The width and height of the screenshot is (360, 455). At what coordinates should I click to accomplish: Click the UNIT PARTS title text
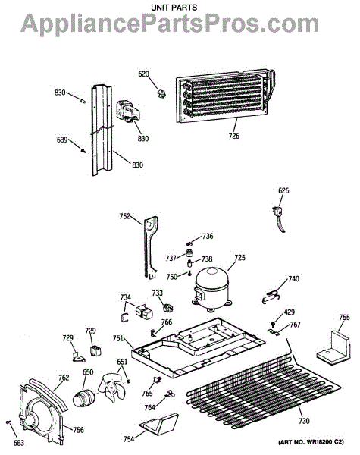(174, 8)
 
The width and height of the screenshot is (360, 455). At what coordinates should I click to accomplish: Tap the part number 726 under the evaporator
(234, 136)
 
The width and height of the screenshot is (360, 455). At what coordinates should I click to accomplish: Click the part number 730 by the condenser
(304, 420)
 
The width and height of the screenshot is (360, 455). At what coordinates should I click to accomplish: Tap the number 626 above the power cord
(283, 190)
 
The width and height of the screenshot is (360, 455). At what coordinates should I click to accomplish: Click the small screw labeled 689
(83, 151)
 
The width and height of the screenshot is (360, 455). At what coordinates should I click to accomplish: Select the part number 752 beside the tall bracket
(125, 216)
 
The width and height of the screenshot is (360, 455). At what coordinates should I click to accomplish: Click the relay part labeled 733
(168, 308)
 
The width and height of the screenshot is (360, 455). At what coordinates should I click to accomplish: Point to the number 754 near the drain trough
(129, 439)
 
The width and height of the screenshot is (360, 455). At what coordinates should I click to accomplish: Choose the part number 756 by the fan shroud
(78, 430)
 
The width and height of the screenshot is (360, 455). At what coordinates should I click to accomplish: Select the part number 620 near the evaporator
(143, 74)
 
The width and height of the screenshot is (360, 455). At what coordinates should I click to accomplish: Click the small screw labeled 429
(273, 324)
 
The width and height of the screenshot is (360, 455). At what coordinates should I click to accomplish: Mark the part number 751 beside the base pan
(117, 338)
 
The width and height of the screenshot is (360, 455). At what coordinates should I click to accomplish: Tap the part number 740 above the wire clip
(293, 279)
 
